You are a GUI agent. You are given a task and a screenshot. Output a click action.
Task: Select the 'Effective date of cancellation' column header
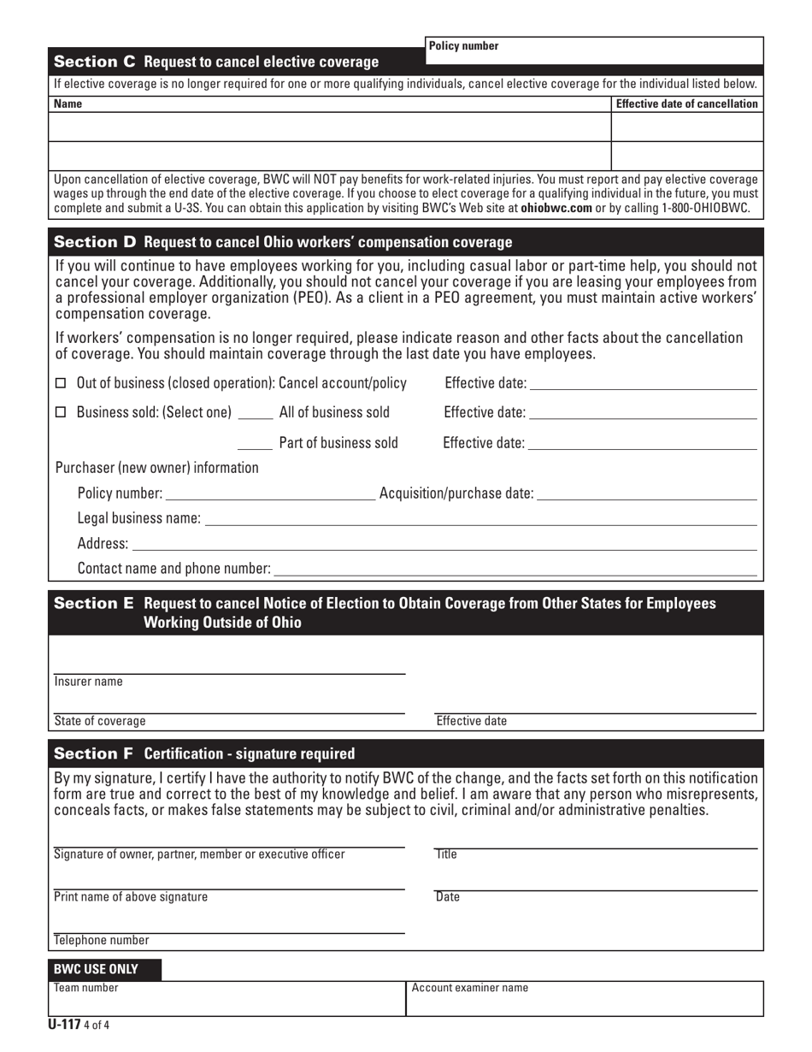(x=686, y=104)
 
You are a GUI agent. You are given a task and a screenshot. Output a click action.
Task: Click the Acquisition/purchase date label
(x=456, y=494)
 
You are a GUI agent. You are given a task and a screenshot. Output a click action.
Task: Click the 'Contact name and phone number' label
(x=174, y=570)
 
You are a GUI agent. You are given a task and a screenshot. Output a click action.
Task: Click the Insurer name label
(x=89, y=683)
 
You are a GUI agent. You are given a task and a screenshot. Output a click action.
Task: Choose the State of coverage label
(x=100, y=721)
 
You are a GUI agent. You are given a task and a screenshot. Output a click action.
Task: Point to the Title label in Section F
(x=447, y=854)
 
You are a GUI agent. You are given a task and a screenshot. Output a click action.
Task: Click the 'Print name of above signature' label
(x=131, y=897)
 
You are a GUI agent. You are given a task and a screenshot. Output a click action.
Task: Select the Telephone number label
(x=102, y=941)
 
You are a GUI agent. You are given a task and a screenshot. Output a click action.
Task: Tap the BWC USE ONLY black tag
(x=107, y=970)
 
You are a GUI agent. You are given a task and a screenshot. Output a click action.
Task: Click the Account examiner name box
(x=585, y=999)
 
